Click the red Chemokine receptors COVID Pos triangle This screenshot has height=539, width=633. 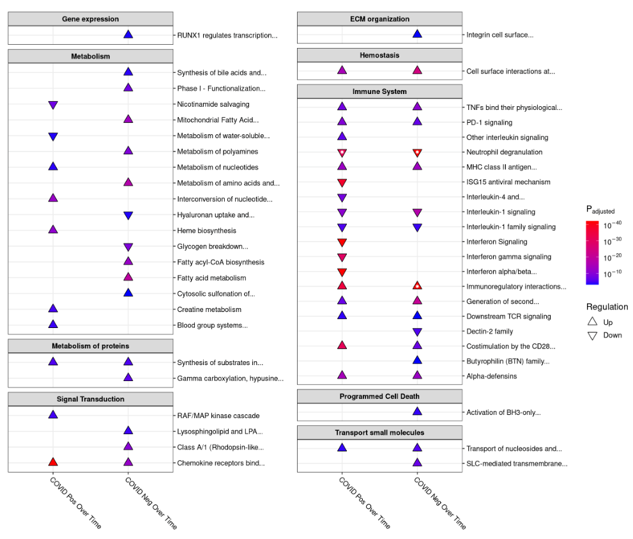point(53,462)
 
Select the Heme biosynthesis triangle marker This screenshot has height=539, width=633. point(53,230)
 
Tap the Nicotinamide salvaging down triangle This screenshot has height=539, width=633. point(53,105)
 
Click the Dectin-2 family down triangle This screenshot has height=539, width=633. point(416,332)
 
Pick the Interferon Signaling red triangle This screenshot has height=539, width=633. point(342,242)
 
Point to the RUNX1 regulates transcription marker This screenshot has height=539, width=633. point(128,35)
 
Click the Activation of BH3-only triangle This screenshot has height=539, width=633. point(416,412)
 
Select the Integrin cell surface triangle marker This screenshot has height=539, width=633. point(416,34)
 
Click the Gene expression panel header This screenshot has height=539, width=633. point(90,19)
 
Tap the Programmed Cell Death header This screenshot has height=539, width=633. point(379,396)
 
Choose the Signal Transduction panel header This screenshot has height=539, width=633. point(90,399)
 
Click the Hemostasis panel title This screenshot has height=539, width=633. point(379,55)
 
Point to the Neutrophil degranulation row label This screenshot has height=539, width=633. point(504,152)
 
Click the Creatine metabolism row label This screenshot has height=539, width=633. point(209,309)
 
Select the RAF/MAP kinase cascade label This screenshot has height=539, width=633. point(218,416)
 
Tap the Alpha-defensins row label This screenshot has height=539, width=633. point(491,376)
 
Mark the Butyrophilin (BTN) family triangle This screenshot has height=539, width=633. point(416,361)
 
